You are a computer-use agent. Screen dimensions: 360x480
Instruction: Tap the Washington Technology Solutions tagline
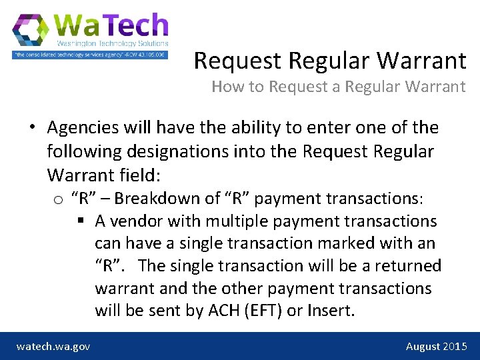(x=112, y=43)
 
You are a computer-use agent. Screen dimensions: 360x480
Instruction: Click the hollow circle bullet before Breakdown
(x=58, y=199)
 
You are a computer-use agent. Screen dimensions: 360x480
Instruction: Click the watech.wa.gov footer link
(x=53, y=346)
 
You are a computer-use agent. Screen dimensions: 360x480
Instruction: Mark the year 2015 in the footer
(x=455, y=346)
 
